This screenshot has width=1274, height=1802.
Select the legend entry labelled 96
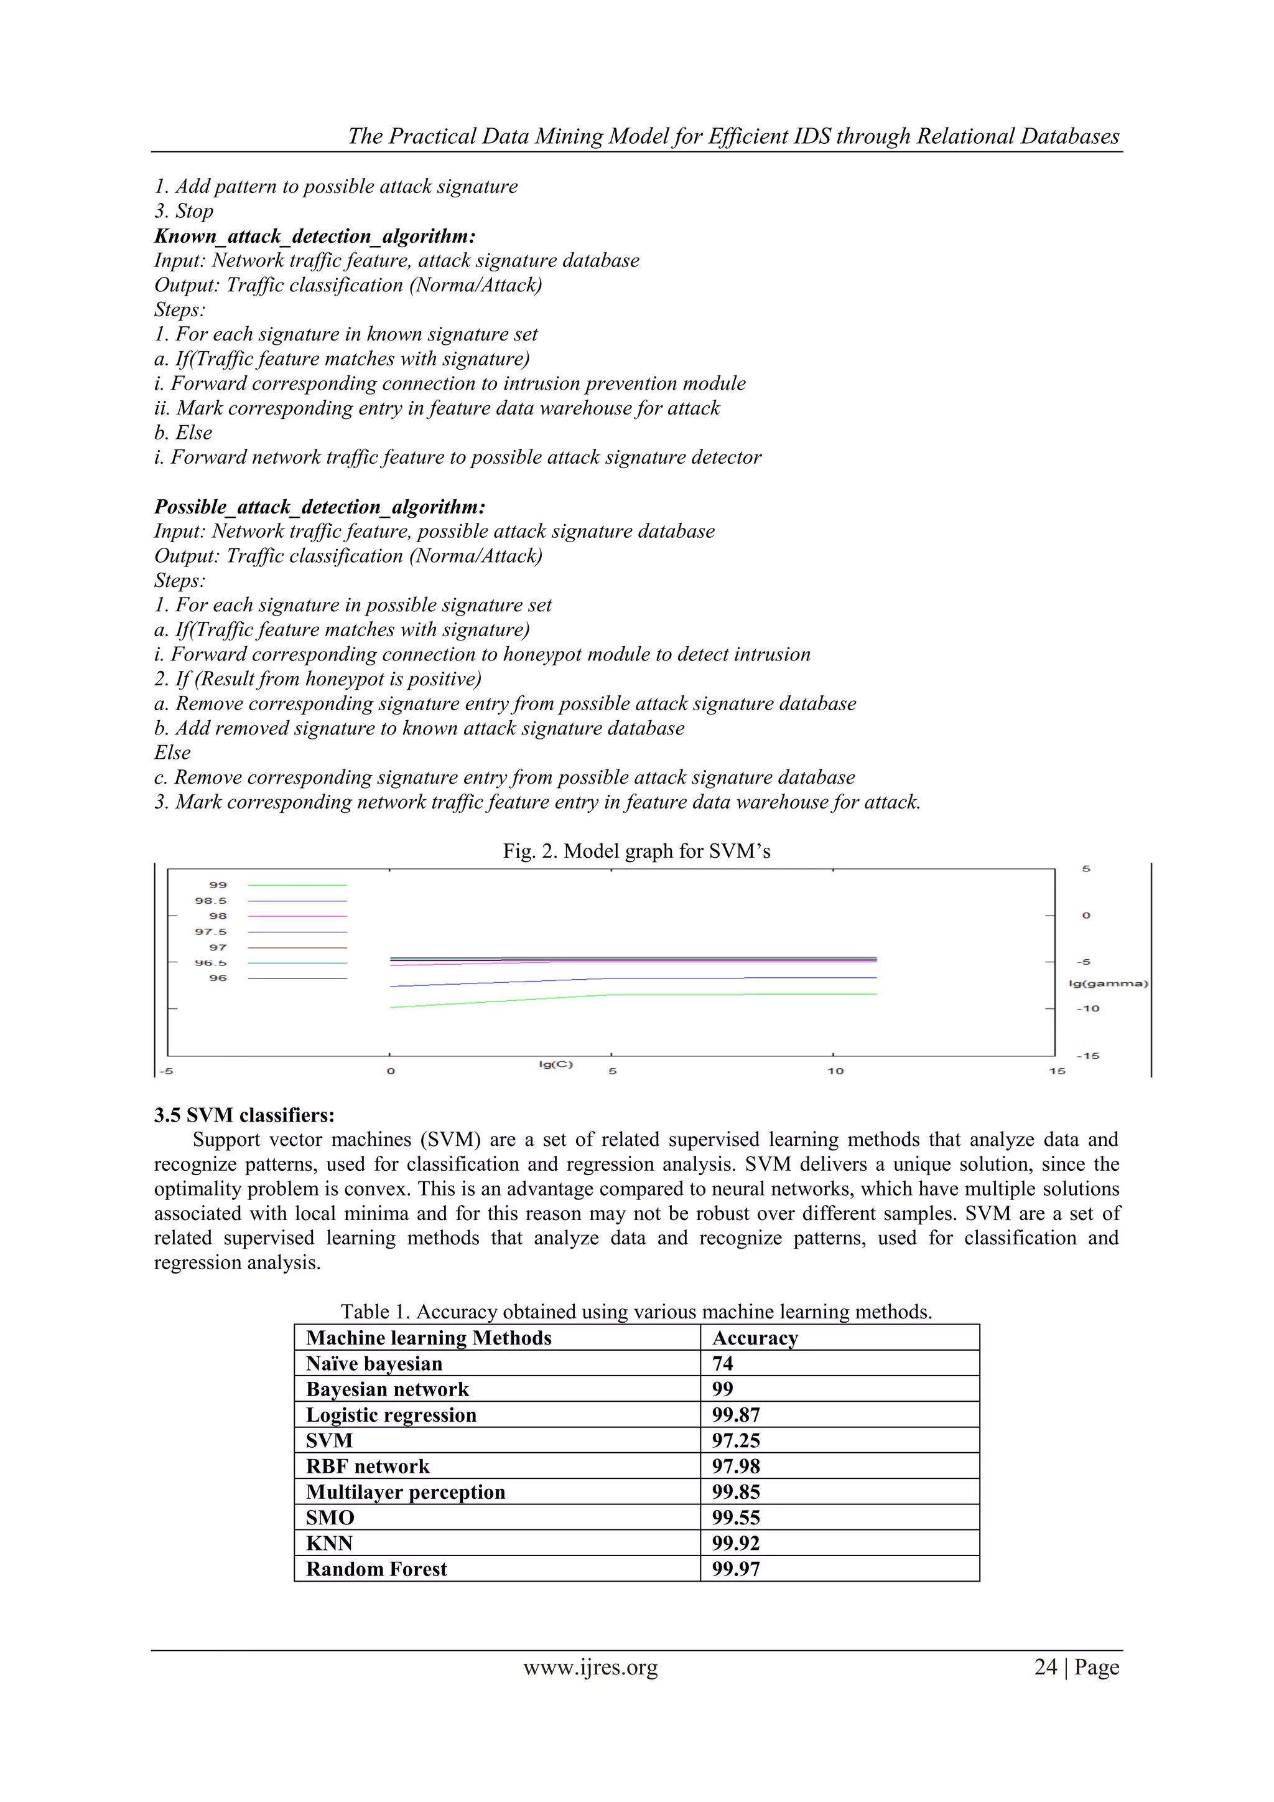217,978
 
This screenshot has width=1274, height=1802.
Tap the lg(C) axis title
556,1064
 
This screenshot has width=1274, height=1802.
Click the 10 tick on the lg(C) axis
835,1071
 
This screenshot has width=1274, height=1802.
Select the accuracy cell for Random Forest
736,1569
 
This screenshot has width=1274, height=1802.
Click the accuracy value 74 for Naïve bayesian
722,1363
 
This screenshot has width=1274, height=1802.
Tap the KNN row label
330,1543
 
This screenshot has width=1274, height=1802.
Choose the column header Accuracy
755,1338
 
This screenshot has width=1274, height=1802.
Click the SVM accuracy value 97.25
736,1440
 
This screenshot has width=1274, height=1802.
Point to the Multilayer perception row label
406,1492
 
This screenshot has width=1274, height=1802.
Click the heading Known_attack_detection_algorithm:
315,237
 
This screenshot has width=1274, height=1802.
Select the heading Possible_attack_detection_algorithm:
319,507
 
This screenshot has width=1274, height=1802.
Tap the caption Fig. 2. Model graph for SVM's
636,852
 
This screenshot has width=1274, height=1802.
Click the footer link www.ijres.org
590,1667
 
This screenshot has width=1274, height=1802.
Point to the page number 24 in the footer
1046,1667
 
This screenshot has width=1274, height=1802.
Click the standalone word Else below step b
172,753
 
